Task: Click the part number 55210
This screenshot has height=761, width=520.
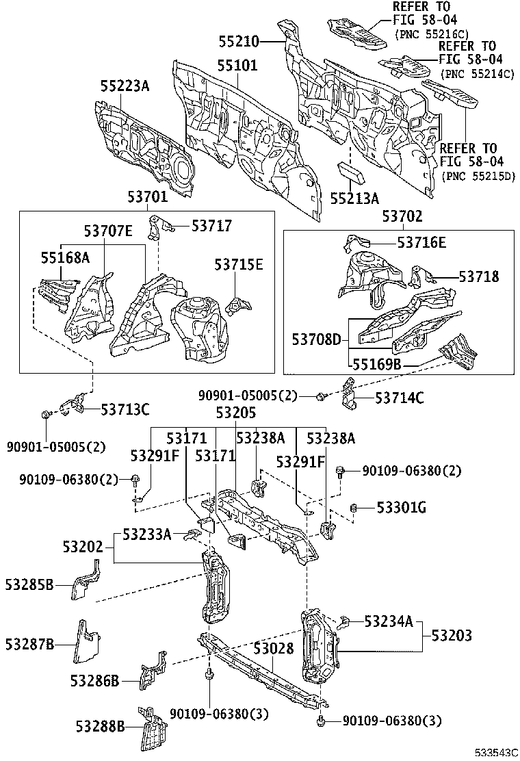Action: click(x=238, y=42)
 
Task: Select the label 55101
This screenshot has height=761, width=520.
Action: click(x=237, y=66)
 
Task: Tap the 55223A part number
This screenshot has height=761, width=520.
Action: click(x=125, y=86)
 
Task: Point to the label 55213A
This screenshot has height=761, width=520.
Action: click(x=354, y=198)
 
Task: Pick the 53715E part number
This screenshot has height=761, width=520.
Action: click(x=238, y=265)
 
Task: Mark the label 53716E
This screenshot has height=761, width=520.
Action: click(x=421, y=242)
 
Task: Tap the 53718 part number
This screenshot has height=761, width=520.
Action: click(x=479, y=276)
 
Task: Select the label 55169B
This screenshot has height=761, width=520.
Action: click(x=376, y=364)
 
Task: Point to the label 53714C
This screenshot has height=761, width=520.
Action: click(x=399, y=397)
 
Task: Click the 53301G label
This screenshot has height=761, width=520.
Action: click(x=402, y=507)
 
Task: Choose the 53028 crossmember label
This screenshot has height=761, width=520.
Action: click(x=274, y=648)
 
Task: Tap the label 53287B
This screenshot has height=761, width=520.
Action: click(x=29, y=644)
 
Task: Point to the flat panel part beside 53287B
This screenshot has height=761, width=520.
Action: click(x=86, y=642)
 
